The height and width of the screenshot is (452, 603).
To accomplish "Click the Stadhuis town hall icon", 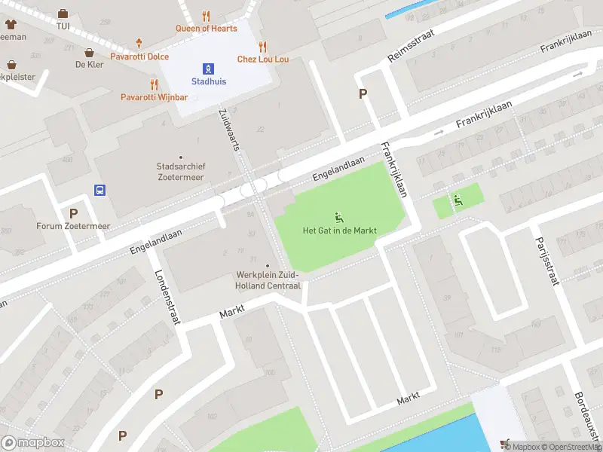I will tap(209, 68).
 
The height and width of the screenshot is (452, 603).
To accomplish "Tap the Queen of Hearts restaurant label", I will tap(207, 29).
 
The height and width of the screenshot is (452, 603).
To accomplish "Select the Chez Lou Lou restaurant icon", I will tap(263, 46).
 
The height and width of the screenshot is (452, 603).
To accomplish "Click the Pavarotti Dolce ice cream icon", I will tap(139, 44).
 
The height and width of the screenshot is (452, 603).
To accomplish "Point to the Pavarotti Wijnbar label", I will tap(154, 96).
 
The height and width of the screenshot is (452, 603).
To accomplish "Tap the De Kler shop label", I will tap(89, 65).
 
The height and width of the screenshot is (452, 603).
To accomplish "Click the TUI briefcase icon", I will tap(63, 14).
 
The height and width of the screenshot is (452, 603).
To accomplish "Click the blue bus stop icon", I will tap(99, 190).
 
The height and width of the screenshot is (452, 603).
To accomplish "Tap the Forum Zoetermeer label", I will tap(73, 226).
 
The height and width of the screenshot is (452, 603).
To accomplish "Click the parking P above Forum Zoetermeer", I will tap(73, 213).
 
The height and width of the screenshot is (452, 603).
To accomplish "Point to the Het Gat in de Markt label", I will tap(339, 231).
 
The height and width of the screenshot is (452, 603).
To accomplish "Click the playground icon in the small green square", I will tap(457, 200).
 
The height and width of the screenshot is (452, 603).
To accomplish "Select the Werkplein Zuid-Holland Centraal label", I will tap(268, 281).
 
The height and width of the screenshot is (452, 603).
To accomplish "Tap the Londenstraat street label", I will tap(168, 297).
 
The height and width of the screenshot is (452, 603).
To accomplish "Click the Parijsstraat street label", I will tap(549, 258).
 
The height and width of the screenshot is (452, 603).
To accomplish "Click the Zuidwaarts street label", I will tap(228, 128).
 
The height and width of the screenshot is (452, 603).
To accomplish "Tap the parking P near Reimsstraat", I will tap(363, 93).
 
